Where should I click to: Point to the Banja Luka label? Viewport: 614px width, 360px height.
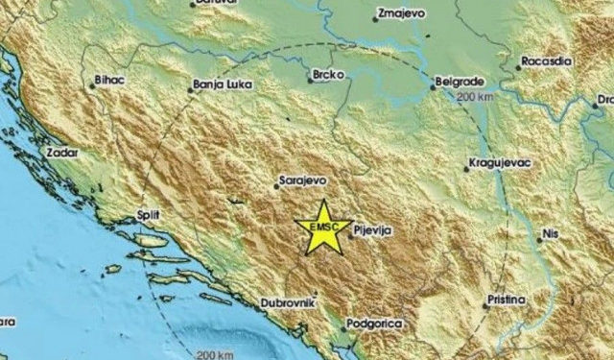pyautogui.click(x=222, y=84)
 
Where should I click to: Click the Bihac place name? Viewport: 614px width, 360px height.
pyautogui.click(x=112, y=83)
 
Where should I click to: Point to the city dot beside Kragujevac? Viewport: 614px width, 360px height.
pyautogui.click(x=466, y=169)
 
